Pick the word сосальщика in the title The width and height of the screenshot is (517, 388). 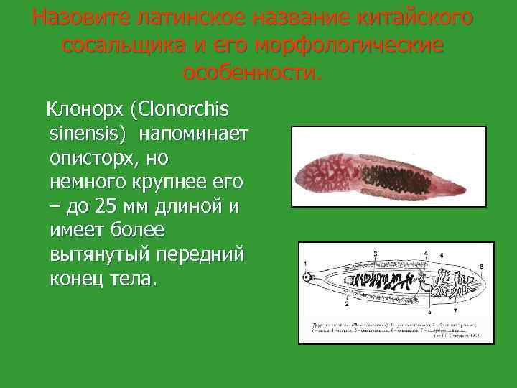click(x=119, y=45)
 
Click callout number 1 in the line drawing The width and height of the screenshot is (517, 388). click(x=305, y=262)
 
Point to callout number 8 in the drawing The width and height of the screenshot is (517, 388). click(x=481, y=267)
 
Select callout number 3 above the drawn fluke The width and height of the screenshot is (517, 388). click(x=375, y=255)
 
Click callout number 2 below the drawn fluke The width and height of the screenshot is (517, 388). click(x=347, y=303)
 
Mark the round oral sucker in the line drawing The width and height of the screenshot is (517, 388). click(x=309, y=277)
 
